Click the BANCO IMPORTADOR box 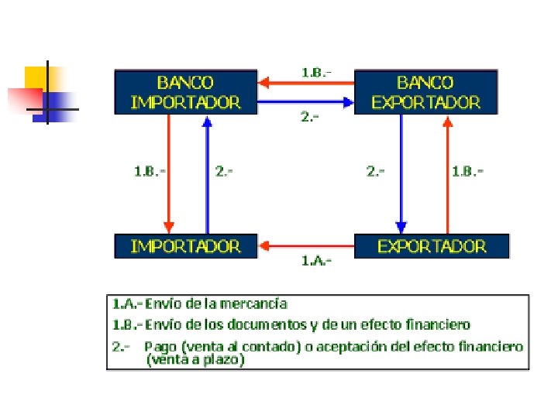pos(185,92)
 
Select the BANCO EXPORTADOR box pos(425,92)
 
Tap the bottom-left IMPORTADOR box pos(185,246)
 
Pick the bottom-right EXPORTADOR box pos(432,246)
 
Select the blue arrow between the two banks pos(305,101)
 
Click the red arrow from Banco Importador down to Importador pos(168,174)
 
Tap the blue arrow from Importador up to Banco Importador pos(207,174)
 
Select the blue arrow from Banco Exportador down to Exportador pos(401,174)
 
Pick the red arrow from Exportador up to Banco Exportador pos(447,174)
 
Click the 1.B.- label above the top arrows pos(316,72)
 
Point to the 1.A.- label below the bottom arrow pos(316,261)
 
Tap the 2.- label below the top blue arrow pos(310,117)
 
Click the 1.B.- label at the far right pos(467,170)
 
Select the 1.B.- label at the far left pos(149,170)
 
